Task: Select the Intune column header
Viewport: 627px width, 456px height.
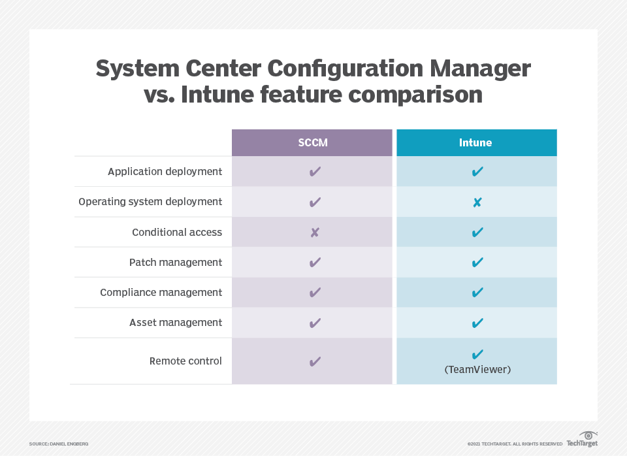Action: [x=476, y=142]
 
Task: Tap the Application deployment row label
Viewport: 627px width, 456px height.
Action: [x=165, y=172]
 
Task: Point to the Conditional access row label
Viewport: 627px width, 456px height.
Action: [x=177, y=232]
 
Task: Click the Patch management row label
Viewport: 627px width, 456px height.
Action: [x=176, y=262]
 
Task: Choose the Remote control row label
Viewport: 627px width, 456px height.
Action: [x=185, y=361]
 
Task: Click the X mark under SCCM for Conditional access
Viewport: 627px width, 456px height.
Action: [x=314, y=232]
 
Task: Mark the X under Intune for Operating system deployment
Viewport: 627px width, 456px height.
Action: [x=477, y=203]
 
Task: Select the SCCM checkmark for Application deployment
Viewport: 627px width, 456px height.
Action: [x=315, y=172]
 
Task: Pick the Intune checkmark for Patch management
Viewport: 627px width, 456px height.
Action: [x=477, y=263]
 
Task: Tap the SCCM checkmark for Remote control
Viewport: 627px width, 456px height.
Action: [x=315, y=361]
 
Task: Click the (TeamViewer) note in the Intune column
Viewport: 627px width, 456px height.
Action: [x=477, y=370]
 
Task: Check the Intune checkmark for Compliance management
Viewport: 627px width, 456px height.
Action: [x=477, y=293]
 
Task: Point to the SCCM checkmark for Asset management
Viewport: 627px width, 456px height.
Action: [x=315, y=323]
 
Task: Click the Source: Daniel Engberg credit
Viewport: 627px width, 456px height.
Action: [x=59, y=444]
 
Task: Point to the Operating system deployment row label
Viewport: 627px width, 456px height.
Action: [x=150, y=202]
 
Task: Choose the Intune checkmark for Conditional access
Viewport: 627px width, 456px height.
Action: [x=477, y=233]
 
